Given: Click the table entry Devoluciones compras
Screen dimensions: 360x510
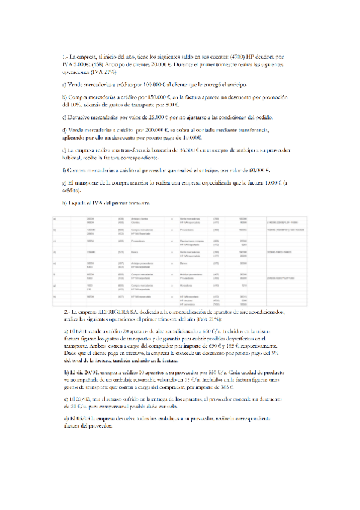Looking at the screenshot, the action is point(189,241).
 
